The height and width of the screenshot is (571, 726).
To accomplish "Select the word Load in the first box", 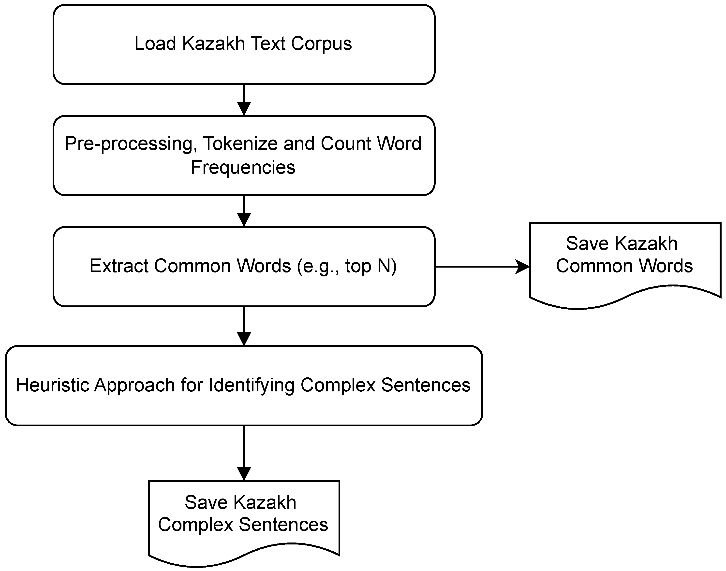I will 155,44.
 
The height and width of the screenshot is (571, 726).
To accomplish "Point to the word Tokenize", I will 240,143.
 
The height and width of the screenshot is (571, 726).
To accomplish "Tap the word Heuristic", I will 53,385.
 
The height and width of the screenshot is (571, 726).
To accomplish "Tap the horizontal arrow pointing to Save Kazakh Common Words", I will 482,267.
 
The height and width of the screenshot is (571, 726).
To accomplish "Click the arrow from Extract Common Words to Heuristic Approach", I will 244,326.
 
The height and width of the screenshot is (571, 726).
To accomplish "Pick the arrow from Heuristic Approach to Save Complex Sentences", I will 244,453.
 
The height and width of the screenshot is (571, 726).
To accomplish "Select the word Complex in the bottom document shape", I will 195,524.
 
